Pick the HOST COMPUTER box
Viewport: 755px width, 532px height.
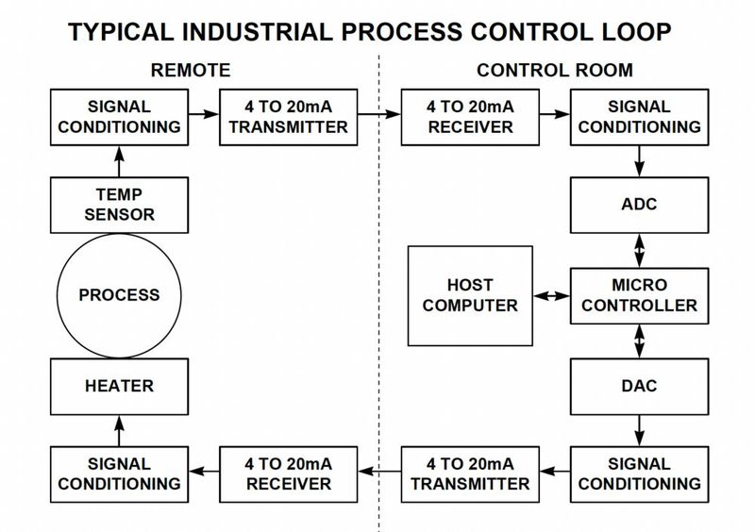coord(470,294)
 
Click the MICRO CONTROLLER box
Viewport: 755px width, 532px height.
coord(641,294)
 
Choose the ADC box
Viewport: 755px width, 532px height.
coord(641,205)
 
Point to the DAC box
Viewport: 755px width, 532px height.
coord(641,386)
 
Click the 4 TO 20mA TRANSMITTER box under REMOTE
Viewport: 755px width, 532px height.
coord(288,117)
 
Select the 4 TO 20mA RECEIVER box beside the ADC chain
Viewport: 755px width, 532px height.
coord(470,117)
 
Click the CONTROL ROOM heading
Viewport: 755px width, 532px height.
coord(554,70)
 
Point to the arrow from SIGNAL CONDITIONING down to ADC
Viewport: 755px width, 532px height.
coord(641,161)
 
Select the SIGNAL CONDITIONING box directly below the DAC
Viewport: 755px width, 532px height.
coord(641,473)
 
